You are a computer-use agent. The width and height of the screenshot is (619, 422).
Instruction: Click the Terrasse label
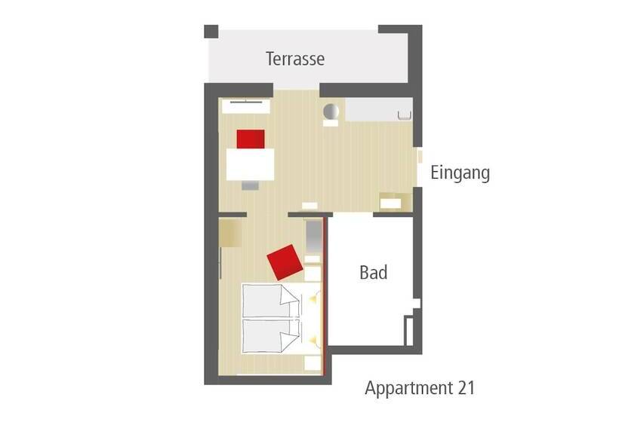click(295, 59)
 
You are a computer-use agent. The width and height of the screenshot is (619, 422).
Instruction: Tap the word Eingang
click(460, 173)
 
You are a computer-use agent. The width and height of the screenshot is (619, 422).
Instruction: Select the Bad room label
click(374, 272)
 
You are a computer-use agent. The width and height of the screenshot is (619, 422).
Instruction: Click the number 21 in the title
click(467, 388)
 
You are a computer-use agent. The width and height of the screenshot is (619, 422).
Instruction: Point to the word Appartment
click(409, 389)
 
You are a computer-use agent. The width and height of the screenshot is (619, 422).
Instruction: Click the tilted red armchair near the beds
click(285, 262)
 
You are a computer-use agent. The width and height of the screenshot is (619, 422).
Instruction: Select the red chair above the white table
click(251, 139)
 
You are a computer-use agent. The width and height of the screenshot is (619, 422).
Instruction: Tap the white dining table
click(251, 164)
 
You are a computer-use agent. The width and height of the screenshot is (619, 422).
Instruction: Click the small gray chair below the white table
click(251, 185)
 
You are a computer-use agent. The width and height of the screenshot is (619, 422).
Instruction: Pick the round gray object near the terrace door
click(331, 112)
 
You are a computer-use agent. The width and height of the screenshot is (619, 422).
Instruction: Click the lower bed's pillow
click(289, 337)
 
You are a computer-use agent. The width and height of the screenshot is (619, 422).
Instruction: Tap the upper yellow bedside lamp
click(313, 299)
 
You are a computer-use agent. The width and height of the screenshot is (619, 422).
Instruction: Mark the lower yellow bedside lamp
click(313, 340)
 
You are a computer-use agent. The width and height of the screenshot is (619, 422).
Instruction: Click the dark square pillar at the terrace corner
click(211, 32)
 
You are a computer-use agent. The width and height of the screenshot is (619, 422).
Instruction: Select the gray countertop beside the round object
click(379, 109)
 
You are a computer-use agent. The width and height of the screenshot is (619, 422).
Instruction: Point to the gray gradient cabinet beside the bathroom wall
click(314, 237)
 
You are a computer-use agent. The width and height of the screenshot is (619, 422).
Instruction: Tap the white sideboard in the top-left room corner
click(246, 106)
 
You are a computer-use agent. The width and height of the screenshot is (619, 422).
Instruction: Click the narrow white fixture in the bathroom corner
click(409, 331)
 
